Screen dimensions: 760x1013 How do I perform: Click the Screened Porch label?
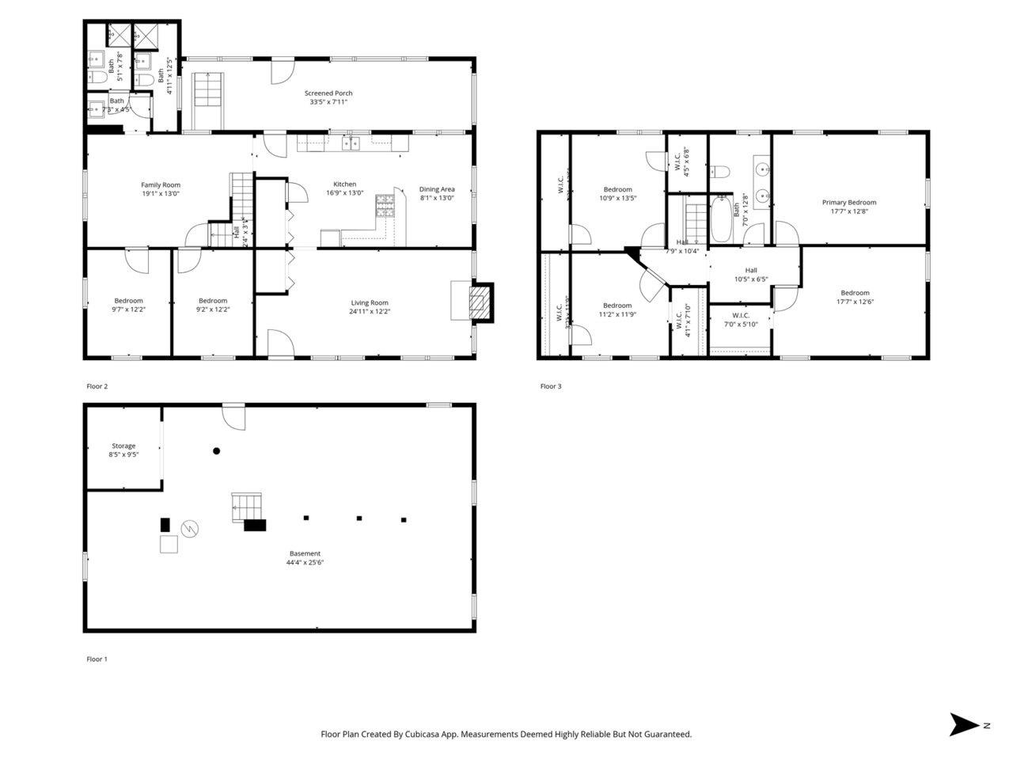pyautogui.click(x=328, y=93)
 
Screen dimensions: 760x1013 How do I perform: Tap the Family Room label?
pyautogui.click(x=161, y=185)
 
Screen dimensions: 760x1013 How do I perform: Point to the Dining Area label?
pyautogui.click(x=437, y=189)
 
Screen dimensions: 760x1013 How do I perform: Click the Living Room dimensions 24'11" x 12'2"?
pyautogui.click(x=370, y=312)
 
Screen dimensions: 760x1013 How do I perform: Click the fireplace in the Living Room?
pyautogui.click(x=480, y=302)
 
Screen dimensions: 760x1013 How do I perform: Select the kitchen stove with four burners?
pyautogui.click(x=385, y=206)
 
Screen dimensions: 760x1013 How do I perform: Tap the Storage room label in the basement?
pyautogui.click(x=123, y=446)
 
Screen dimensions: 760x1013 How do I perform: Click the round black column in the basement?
pyautogui.click(x=216, y=451)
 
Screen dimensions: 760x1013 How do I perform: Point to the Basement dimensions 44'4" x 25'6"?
pyautogui.click(x=305, y=563)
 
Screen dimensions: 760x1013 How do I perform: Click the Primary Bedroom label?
pyautogui.click(x=848, y=203)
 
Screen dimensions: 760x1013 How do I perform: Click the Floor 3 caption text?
pyautogui.click(x=551, y=386)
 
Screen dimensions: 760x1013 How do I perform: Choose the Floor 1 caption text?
pyautogui.click(x=97, y=659)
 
